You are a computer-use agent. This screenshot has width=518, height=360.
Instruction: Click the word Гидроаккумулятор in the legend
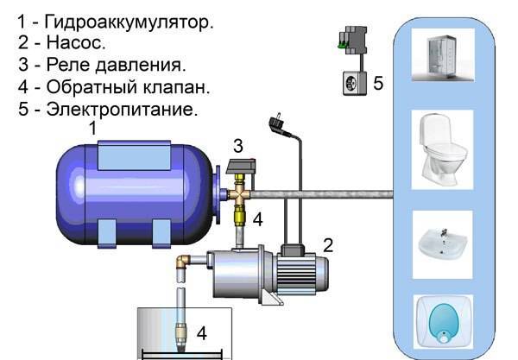[129, 22]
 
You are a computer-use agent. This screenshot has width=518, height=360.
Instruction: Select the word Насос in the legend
[76, 42]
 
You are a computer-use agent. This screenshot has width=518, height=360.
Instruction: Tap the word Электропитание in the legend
[122, 109]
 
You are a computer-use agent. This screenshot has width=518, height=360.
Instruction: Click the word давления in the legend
[141, 65]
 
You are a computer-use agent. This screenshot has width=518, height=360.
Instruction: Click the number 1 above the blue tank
[93, 128]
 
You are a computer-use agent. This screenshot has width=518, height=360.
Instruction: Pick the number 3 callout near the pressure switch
[238, 146]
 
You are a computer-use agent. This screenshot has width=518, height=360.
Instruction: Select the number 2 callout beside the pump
[328, 245]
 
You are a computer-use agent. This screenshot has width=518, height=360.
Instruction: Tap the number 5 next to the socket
[378, 83]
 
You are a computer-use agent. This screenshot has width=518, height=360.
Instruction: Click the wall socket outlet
[355, 83]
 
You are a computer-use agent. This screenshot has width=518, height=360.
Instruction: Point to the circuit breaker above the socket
[352, 40]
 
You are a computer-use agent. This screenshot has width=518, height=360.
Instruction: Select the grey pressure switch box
[241, 166]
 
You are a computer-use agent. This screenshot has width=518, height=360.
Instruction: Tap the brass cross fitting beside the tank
[240, 194]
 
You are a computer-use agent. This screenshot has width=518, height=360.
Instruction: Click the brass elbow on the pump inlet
[183, 262]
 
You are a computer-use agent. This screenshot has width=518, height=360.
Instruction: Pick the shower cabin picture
[443, 55]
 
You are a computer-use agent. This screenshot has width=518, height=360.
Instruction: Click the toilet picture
[442, 149]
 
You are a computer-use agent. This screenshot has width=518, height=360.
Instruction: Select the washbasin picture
[442, 244]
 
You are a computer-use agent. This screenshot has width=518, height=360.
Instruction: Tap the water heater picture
[443, 322]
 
